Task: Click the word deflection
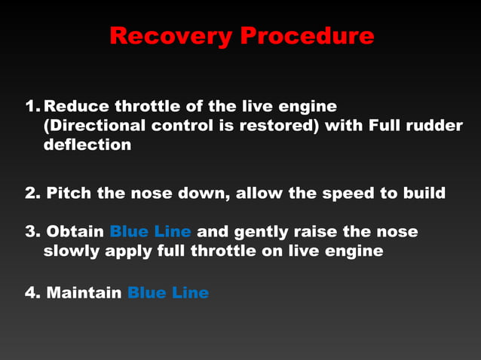87,144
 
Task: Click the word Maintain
84,292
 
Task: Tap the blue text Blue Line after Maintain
168,292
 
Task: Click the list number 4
32,292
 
